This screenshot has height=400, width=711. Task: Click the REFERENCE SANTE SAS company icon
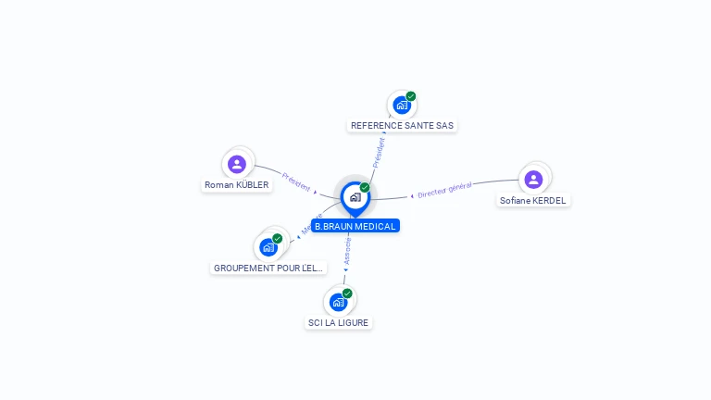402,105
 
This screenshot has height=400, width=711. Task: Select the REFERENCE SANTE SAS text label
403,125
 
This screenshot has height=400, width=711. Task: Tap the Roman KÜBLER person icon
237,164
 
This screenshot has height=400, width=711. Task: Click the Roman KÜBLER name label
237,185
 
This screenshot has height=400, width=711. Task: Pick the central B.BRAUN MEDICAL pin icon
355,196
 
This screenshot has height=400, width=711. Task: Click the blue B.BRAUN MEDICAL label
355,226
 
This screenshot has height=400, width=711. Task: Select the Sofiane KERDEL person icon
533,179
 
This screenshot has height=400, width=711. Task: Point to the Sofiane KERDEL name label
533,200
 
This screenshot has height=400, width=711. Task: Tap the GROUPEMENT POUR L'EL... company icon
268,247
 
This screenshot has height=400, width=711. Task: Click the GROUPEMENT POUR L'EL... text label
269,268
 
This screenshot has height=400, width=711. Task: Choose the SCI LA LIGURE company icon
338,301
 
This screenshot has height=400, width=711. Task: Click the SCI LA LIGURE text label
338,322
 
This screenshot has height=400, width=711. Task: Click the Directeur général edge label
444,190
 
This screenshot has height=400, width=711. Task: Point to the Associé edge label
348,253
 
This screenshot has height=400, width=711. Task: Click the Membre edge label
312,224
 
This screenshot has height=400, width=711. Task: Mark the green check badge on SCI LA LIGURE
347,293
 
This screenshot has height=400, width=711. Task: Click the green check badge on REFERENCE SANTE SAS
411,96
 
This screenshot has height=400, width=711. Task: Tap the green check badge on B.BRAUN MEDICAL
365,187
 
